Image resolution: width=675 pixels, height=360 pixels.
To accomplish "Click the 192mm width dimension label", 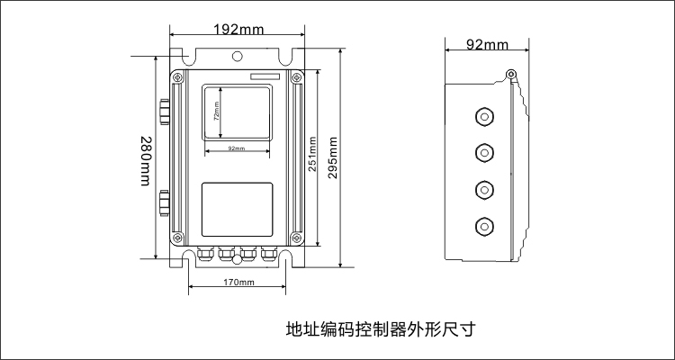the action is tap(238, 30).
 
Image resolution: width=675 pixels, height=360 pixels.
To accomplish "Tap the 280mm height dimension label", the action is tap(147, 161).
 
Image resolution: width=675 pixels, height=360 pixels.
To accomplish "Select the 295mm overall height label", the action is tap(333, 158).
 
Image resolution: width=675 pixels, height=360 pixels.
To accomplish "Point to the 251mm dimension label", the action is tap(312, 154).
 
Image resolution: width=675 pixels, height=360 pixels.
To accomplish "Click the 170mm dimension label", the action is tap(238, 283).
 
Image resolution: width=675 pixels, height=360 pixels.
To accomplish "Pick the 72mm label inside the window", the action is tap(217, 110).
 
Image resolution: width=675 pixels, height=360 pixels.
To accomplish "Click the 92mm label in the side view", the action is tap(487, 45).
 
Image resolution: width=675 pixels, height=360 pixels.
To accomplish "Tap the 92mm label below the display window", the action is tap(237, 148).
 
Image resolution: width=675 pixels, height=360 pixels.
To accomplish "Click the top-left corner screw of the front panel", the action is tap(177, 78).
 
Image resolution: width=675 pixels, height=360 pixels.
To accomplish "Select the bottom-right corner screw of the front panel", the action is tap(296, 237).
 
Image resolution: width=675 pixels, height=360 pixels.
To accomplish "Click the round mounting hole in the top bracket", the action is tap(237, 56).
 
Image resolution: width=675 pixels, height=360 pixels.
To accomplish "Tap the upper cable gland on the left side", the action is tap(165, 112).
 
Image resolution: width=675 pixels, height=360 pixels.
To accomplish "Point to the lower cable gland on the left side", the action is tap(165, 202).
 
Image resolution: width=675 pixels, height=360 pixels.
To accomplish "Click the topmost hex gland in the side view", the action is tap(484, 116).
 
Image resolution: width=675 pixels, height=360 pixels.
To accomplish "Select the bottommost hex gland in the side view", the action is tap(484, 227).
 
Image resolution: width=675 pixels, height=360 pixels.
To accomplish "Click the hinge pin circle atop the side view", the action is tap(511, 74).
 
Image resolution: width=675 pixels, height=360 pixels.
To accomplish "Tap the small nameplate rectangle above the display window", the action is tap(265, 76).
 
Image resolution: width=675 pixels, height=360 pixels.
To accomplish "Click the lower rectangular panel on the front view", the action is tap(238, 210).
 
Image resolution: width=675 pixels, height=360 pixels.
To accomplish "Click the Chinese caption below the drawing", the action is tap(382, 329).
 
